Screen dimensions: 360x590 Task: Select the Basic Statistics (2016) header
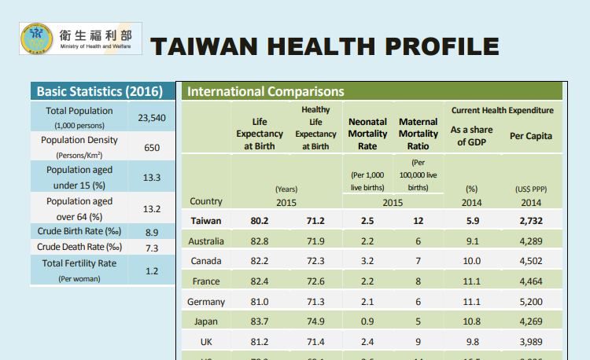click(100, 92)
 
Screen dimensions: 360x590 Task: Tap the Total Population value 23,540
click(151, 118)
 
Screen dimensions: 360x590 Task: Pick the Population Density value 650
click(151, 147)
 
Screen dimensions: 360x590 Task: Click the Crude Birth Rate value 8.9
click(151, 232)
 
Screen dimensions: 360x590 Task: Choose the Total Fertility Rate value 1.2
click(151, 271)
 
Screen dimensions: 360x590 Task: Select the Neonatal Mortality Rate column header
click(367, 134)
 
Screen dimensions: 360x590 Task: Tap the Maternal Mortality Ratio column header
click(419, 134)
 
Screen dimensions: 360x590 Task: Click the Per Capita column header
click(530, 136)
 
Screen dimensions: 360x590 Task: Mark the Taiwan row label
click(206, 221)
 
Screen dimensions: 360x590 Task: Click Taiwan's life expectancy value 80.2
click(260, 221)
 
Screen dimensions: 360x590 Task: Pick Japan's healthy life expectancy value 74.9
click(315, 321)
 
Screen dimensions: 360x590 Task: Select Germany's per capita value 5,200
click(531, 302)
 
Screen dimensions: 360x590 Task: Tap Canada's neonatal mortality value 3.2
click(367, 261)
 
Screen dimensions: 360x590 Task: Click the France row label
click(206, 281)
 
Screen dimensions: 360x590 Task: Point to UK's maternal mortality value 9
click(419, 342)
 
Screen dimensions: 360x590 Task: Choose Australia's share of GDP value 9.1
click(472, 241)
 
